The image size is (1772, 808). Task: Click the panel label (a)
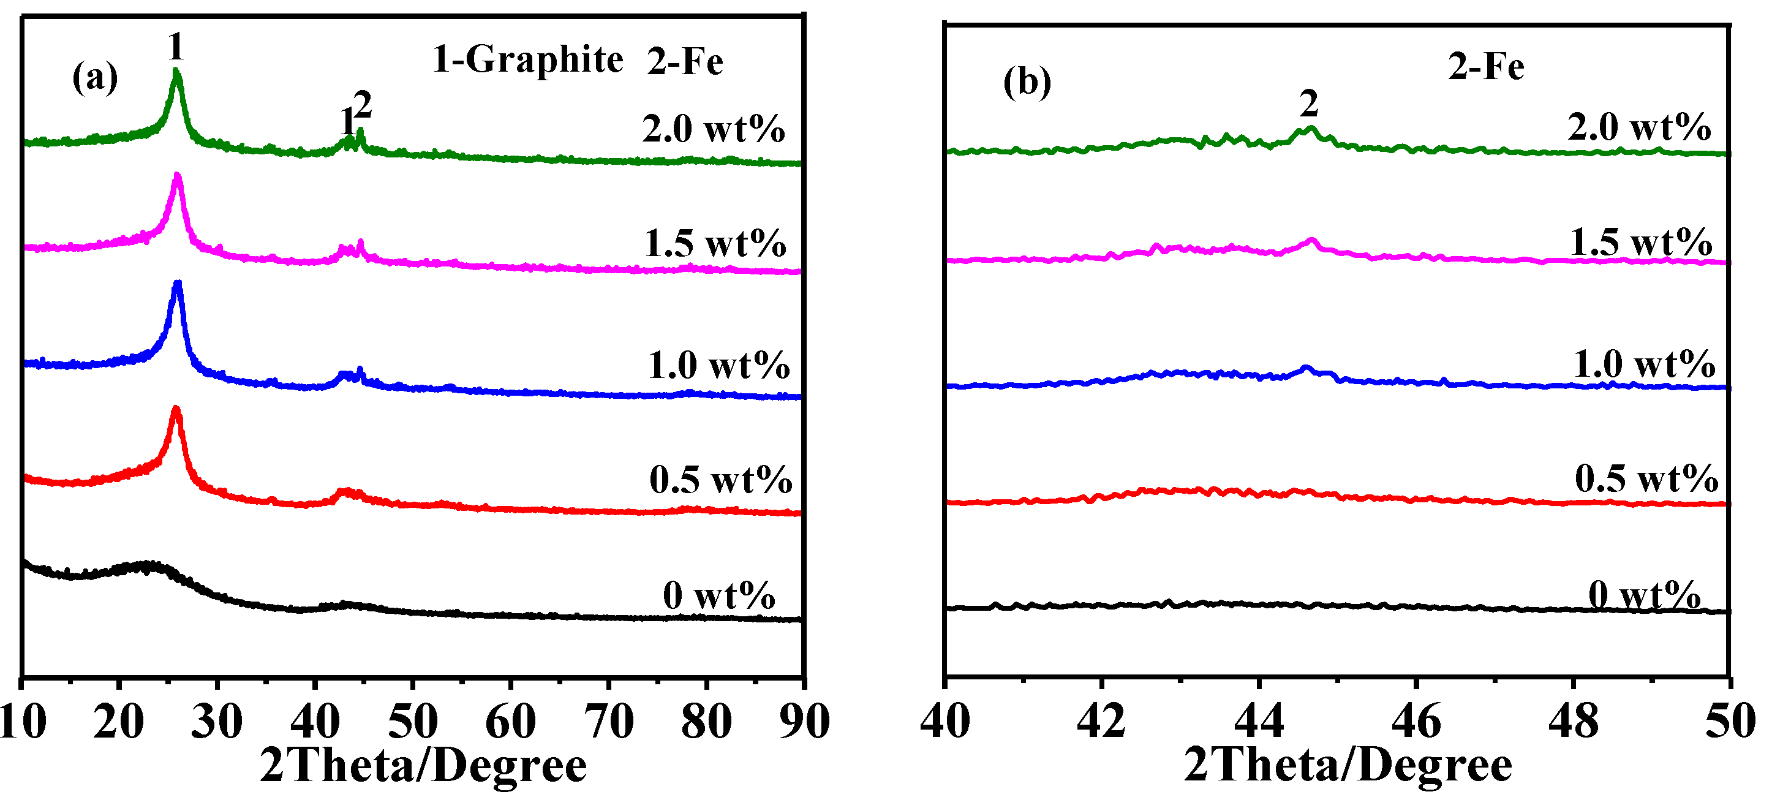click(x=95, y=77)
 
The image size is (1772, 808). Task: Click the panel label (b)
click(x=1027, y=82)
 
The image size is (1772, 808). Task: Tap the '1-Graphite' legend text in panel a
click(x=527, y=60)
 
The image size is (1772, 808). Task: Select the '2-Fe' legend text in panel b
click(x=1486, y=67)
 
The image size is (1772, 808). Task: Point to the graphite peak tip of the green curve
click(x=177, y=70)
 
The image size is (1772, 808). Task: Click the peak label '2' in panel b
click(x=1309, y=104)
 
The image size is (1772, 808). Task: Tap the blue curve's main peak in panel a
click(x=178, y=283)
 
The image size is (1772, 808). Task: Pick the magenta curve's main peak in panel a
click(x=178, y=175)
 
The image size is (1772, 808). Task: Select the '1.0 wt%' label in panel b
click(x=1644, y=364)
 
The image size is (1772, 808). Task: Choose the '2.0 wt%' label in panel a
click(x=714, y=129)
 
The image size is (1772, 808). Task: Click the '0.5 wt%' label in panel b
click(x=1646, y=479)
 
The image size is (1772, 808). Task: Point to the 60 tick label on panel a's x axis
click(x=510, y=722)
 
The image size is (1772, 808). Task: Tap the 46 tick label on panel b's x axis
click(x=1416, y=722)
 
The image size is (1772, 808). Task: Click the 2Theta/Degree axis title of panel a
click(x=423, y=766)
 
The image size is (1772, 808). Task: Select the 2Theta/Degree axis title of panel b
click(x=1348, y=766)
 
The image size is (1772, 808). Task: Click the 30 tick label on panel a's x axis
click(x=217, y=722)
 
